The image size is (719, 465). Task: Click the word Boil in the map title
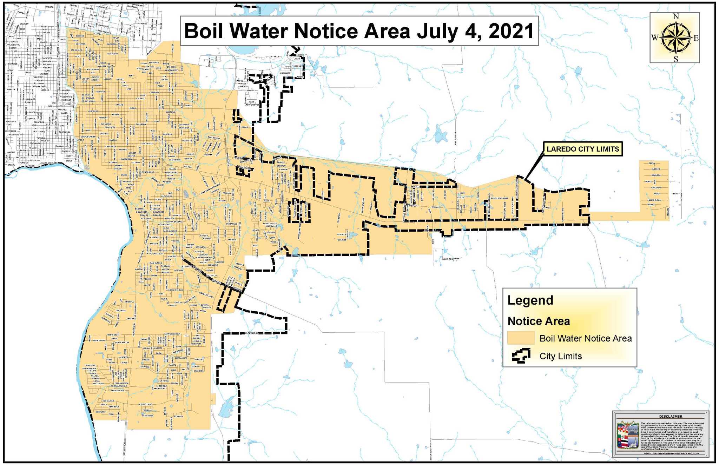point(204,31)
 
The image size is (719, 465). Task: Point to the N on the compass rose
point(676,16)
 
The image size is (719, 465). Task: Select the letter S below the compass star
point(676,59)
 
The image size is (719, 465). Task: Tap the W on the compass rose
point(655,38)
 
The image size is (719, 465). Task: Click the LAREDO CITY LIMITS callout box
point(583,149)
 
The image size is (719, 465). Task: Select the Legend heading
point(530,300)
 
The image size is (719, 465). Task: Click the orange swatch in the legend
point(521,338)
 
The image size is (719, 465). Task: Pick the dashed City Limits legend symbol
point(521,356)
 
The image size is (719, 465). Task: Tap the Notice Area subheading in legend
point(539,321)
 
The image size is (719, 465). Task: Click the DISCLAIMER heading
point(671,417)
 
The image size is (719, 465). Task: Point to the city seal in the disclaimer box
point(628,435)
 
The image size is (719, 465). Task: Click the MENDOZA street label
point(656,175)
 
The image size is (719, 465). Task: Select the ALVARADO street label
point(656,188)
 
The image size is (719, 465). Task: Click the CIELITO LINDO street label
point(146,404)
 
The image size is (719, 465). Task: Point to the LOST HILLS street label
point(274,57)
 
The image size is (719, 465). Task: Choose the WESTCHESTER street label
point(252,105)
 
